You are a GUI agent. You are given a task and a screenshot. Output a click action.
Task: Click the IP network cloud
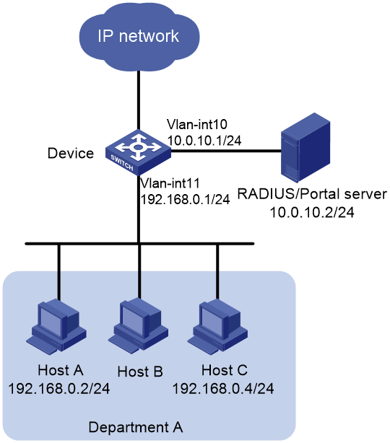coord(139,37)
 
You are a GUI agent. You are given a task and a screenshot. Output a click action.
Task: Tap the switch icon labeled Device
coord(138,152)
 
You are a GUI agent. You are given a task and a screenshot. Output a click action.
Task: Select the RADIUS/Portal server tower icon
coord(305,147)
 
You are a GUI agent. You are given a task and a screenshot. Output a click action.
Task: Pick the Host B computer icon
coord(138,325)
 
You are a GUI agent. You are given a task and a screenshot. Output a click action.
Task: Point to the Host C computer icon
coord(217,327)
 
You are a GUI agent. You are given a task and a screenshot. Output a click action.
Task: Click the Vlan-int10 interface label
coord(197,124)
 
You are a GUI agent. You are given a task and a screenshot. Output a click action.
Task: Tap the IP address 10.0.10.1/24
coord(204,140)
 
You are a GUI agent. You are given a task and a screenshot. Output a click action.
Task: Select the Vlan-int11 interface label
coord(170,183)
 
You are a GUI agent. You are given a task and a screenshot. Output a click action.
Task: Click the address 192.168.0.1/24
coord(185,199)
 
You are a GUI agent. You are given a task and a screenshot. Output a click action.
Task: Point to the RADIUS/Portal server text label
coord(312,194)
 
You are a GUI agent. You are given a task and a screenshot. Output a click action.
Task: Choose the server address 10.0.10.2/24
coord(312,212)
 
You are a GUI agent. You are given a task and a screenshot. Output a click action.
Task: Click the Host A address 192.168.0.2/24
coord(58,389)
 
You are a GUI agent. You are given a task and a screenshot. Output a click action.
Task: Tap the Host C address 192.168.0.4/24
coord(223,389)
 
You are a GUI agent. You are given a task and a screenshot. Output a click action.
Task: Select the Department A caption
coord(136,427)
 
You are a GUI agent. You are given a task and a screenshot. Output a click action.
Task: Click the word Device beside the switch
coord(71,154)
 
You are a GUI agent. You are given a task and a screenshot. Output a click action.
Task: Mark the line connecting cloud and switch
coord(139,100)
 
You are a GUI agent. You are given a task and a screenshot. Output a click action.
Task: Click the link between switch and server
coord(226,151)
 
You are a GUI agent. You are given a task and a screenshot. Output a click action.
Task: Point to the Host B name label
coord(140,372)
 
